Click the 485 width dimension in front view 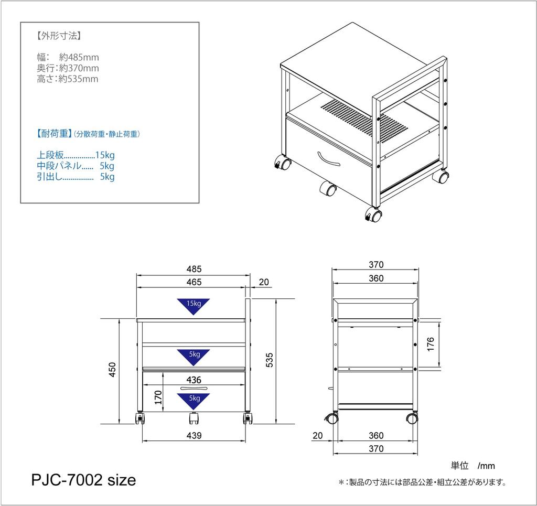194,269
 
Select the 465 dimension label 194,282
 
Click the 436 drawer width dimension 194,380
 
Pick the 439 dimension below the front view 194,436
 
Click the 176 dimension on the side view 431,344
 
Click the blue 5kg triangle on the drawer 194,401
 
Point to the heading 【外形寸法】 59,36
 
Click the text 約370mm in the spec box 79,68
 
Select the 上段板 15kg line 76,155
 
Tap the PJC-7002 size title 84,479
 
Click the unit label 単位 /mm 472,466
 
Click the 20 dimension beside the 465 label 264,282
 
